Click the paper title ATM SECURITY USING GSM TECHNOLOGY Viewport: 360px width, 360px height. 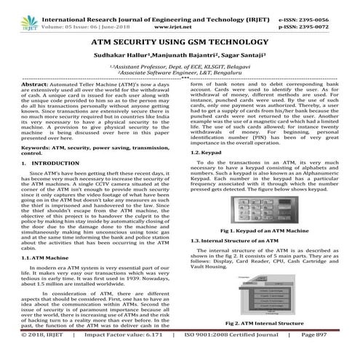point(180,43)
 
